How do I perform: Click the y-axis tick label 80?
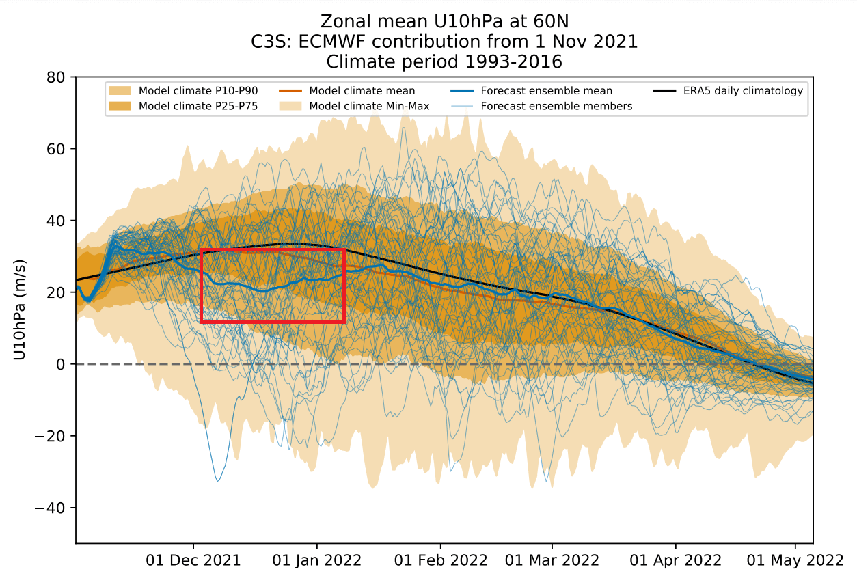click(x=55, y=77)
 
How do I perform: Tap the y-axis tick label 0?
click(x=60, y=364)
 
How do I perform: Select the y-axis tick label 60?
click(x=55, y=149)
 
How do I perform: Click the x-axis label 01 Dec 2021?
click(x=193, y=560)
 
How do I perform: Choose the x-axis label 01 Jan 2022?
click(x=317, y=560)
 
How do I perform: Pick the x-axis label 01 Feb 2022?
click(x=441, y=560)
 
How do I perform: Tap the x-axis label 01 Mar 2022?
click(x=552, y=560)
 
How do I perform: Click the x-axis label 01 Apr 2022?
click(x=675, y=560)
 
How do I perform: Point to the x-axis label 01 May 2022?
click(x=795, y=560)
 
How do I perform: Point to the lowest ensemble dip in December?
click(x=218, y=481)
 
